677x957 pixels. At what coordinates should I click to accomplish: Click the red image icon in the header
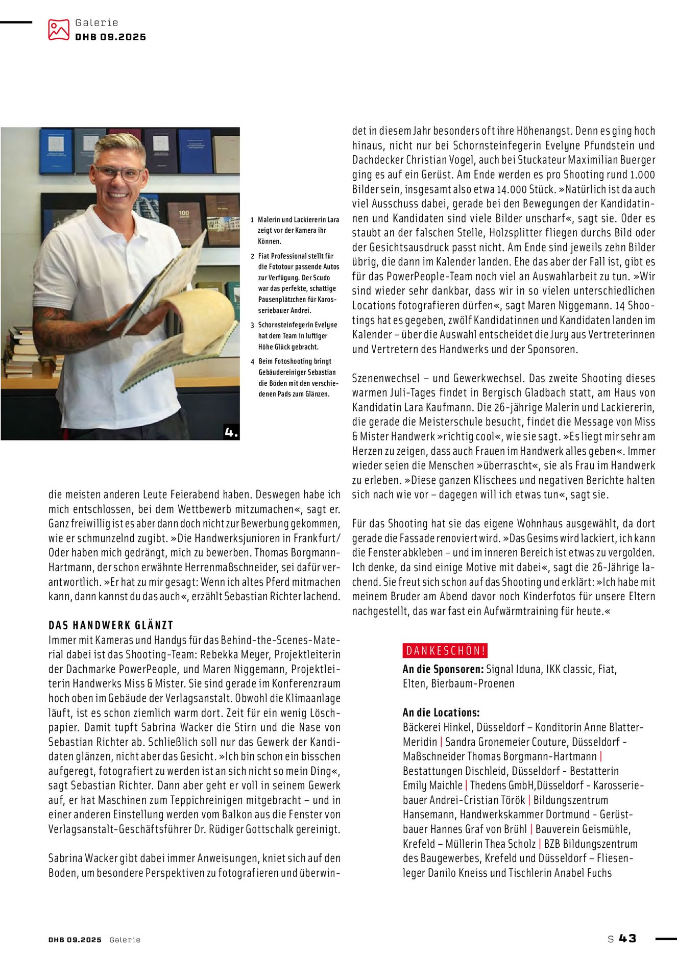[58, 30]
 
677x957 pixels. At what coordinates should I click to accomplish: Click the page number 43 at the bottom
[627, 938]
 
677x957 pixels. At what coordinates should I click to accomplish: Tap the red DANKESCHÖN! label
[445, 651]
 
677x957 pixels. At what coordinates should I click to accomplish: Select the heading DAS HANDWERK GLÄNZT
[111, 625]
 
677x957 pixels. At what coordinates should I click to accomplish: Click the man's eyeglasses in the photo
[118, 174]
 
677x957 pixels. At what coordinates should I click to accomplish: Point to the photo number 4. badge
[231, 432]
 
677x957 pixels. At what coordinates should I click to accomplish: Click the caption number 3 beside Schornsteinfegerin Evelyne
[252, 325]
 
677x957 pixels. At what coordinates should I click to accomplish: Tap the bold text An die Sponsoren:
[443, 669]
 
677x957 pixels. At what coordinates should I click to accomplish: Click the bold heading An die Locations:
[441, 713]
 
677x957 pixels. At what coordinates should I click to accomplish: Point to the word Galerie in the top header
[96, 22]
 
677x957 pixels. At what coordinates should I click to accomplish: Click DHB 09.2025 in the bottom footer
[75, 940]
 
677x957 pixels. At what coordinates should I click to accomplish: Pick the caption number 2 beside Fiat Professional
[252, 256]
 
